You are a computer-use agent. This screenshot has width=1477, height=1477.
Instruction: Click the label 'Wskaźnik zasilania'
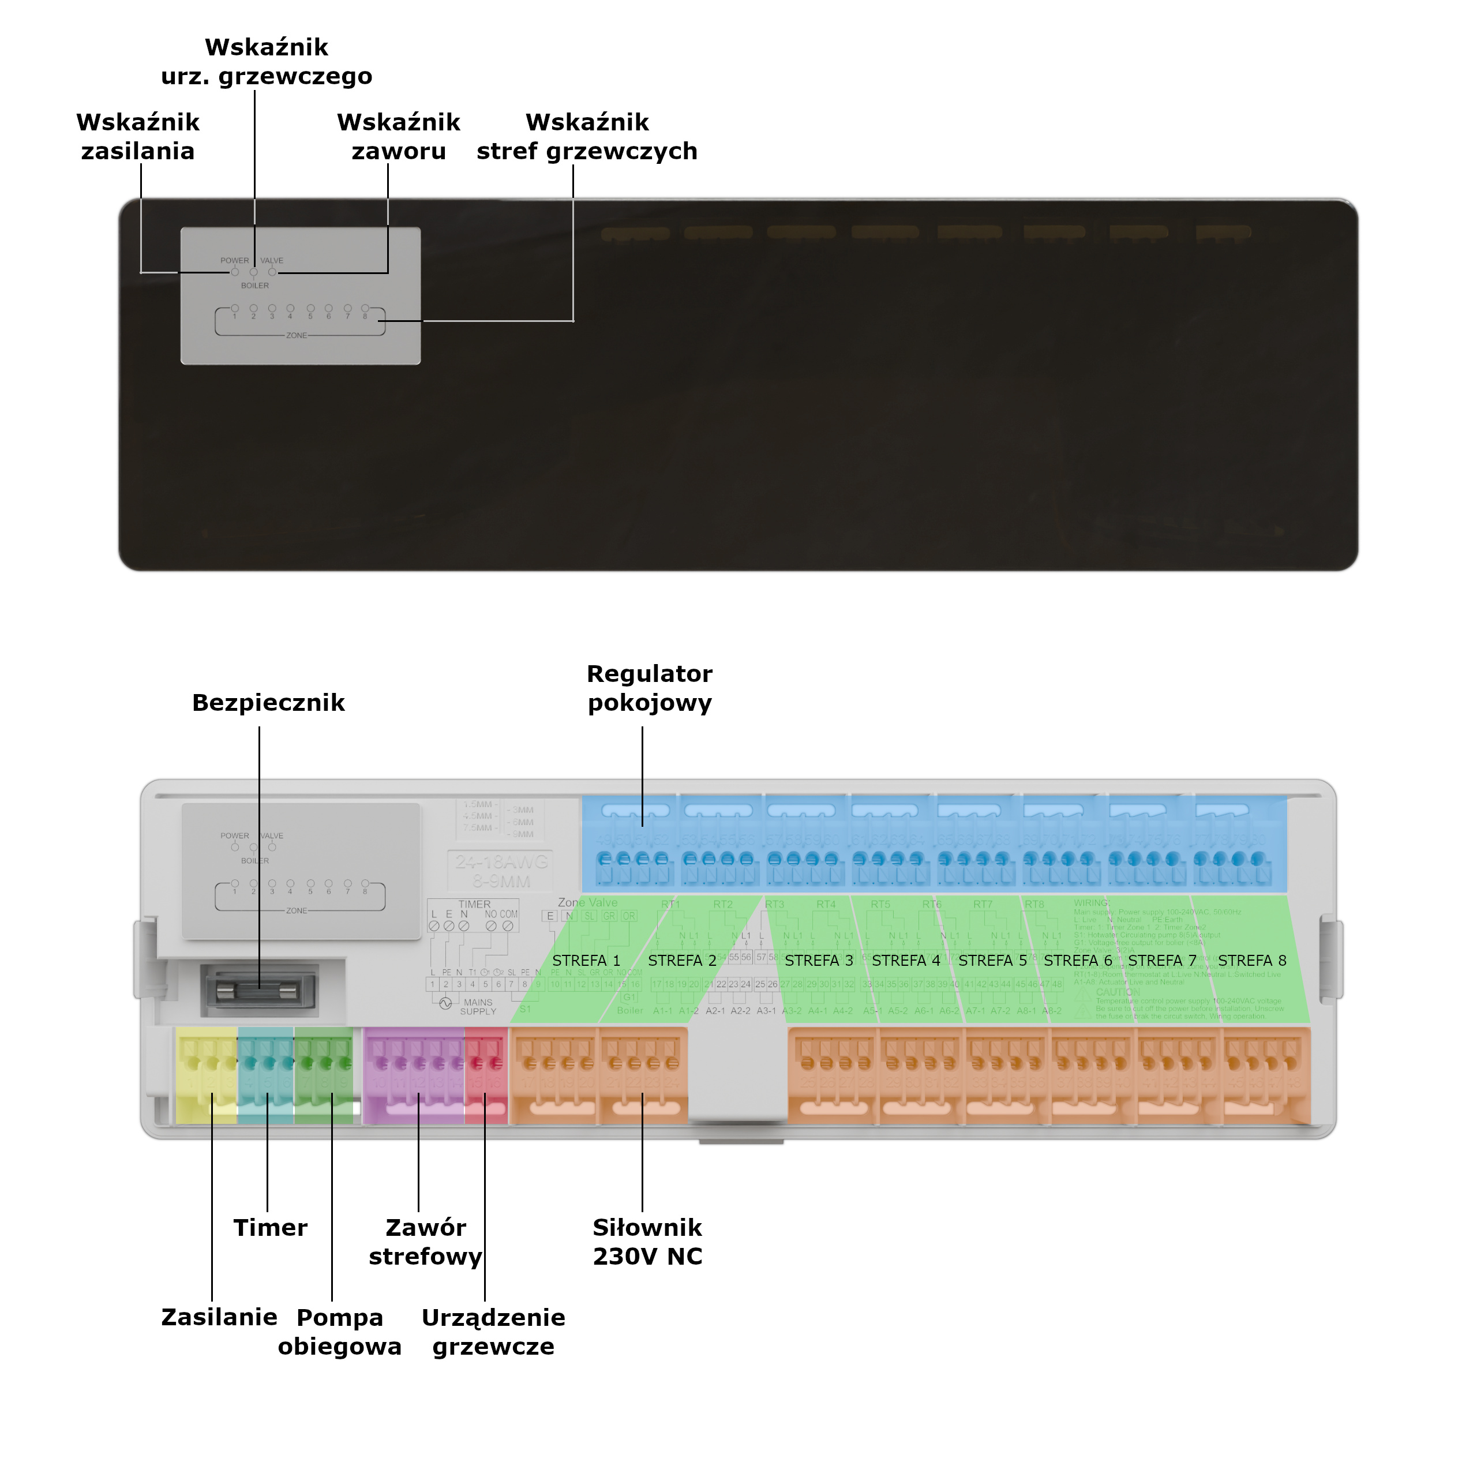pyautogui.click(x=138, y=137)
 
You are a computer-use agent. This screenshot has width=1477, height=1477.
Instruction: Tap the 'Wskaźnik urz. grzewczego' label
pyautogui.click(x=266, y=62)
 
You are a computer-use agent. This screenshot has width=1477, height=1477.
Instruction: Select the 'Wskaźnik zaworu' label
pyautogui.click(x=398, y=137)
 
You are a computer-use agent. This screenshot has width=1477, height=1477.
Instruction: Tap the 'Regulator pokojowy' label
pyautogui.click(x=649, y=688)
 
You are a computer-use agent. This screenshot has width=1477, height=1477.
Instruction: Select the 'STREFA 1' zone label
pyautogui.click(x=586, y=960)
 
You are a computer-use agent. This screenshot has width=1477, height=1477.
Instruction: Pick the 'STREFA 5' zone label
pyautogui.click(x=992, y=960)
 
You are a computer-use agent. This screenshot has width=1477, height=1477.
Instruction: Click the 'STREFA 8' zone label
pyautogui.click(x=1251, y=960)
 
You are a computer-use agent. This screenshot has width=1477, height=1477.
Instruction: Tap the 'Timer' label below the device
pyautogui.click(x=270, y=1228)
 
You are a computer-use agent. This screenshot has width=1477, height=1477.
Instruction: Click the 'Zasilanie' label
pyautogui.click(x=219, y=1317)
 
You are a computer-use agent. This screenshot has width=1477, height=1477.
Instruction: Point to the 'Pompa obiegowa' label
pyautogui.click(x=339, y=1332)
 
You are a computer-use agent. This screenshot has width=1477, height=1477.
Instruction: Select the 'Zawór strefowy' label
pyautogui.click(x=425, y=1242)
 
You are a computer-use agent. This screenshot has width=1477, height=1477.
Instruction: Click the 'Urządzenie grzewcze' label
pyautogui.click(x=493, y=1332)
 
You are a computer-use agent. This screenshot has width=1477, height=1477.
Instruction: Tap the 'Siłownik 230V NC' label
pyautogui.click(x=647, y=1242)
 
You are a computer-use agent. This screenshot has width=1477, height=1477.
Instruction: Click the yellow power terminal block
pyautogui.click(x=207, y=1074)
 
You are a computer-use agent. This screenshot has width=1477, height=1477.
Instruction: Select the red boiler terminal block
pyautogui.click(x=485, y=1074)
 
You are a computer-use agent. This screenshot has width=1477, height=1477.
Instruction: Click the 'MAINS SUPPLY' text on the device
pyautogui.click(x=478, y=1007)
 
